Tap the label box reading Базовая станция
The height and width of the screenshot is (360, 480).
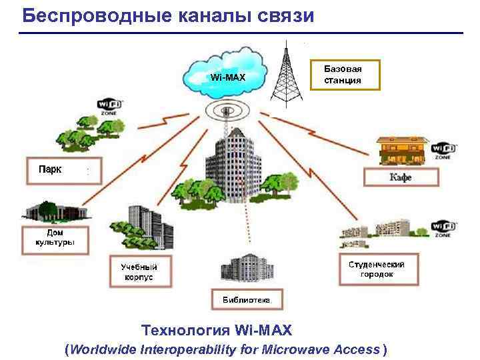(x=343, y=75)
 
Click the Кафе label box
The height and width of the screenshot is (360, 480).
(x=401, y=177)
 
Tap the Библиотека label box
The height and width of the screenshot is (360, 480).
(x=247, y=300)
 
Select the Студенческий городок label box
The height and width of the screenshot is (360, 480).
(x=377, y=269)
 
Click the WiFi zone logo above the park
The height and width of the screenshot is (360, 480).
(x=108, y=107)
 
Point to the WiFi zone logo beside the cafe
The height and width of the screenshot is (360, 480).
(x=443, y=151)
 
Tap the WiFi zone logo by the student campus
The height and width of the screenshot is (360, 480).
(x=443, y=229)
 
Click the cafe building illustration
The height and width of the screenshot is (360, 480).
(x=399, y=151)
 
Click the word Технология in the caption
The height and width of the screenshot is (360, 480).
(x=185, y=330)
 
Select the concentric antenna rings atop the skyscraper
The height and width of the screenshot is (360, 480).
(x=226, y=109)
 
